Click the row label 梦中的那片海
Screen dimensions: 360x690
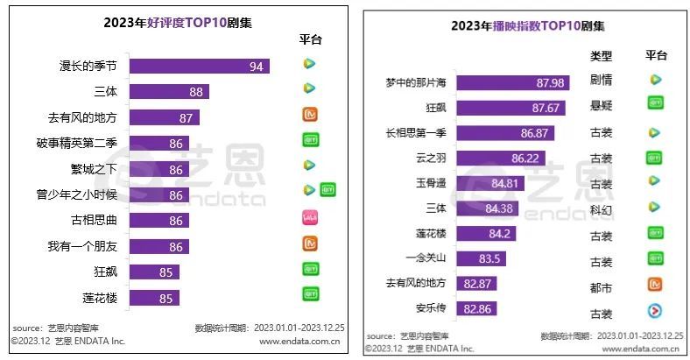click(415, 83)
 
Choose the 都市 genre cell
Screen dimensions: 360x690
click(601, 285)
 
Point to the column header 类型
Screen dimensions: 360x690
click(601, 55)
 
